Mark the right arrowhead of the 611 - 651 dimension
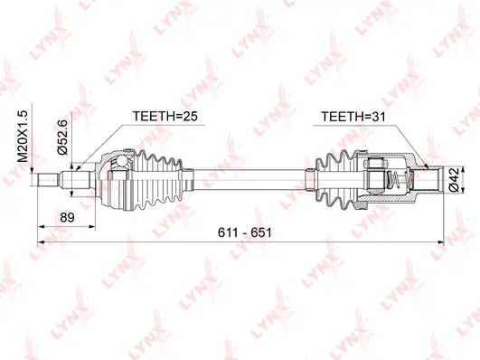click(438, 242)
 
